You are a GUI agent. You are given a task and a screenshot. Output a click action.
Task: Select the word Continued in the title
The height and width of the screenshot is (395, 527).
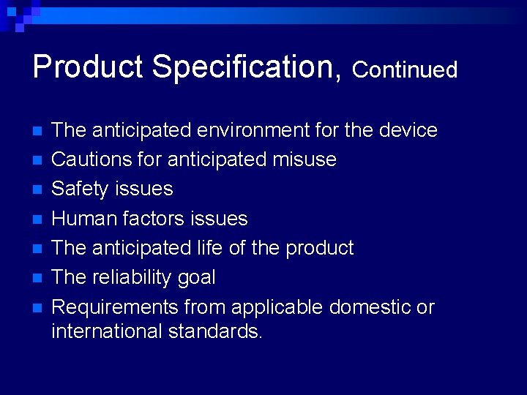405,69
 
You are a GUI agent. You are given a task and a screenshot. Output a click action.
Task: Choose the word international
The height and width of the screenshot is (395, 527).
108,331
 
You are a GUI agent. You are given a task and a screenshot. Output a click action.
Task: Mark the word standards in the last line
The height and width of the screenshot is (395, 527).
215,331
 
